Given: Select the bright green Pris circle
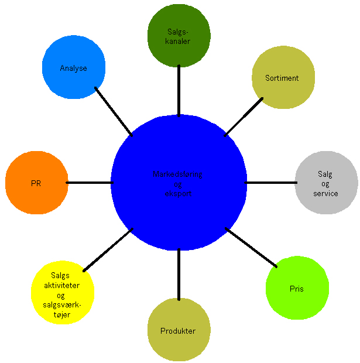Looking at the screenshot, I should (x=297, y=304).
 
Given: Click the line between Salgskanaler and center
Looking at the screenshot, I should (x=179, y=91).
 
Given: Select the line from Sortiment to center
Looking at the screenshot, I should (x=244, y=117).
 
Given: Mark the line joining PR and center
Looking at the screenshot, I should (x=89, y=183).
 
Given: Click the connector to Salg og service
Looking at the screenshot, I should (x=270, y=183).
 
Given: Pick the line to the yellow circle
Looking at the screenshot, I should (x=108, y=250).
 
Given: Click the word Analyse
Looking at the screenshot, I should (x=73, y=69).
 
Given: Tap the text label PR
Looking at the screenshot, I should (x=36, y=183).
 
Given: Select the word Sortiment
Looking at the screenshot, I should (x=282, y=78).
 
